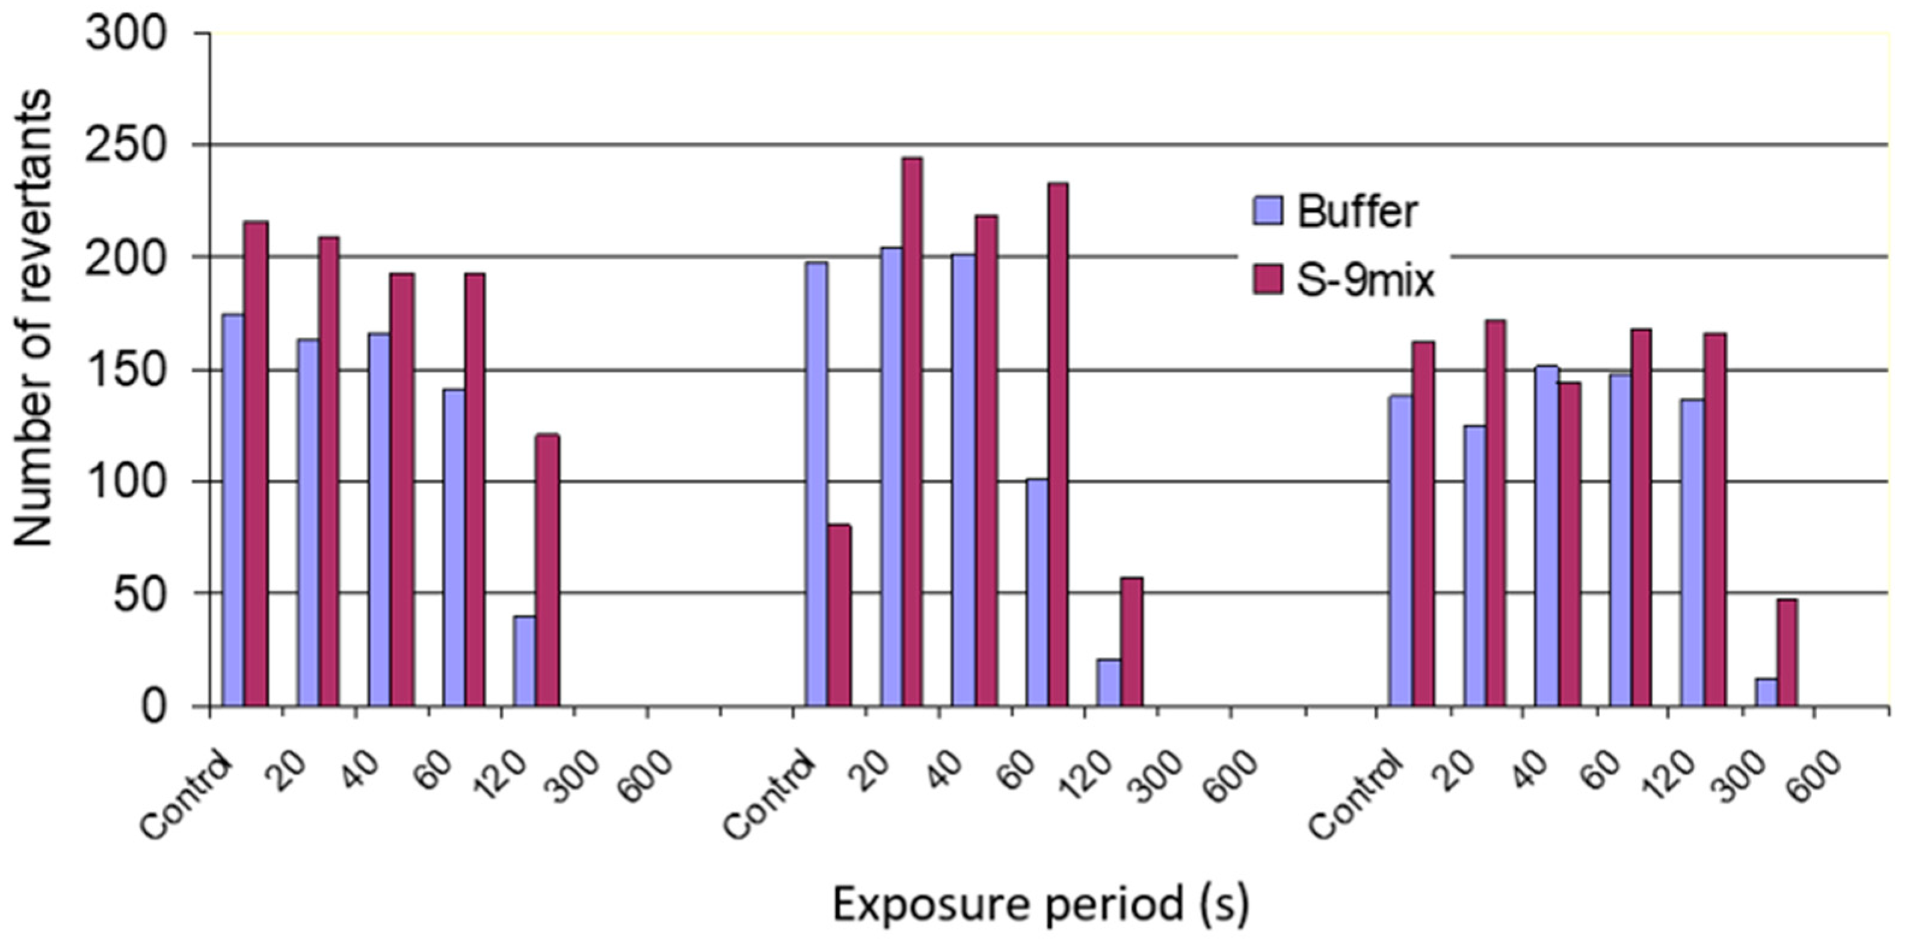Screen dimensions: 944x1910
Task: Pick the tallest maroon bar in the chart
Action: tap(912, 430)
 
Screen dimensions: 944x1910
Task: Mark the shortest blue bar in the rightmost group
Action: tap(1766, 691)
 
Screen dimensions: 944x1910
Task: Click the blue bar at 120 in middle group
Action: tap(1109, 682)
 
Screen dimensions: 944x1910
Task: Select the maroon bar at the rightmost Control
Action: tap(1423, 523)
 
